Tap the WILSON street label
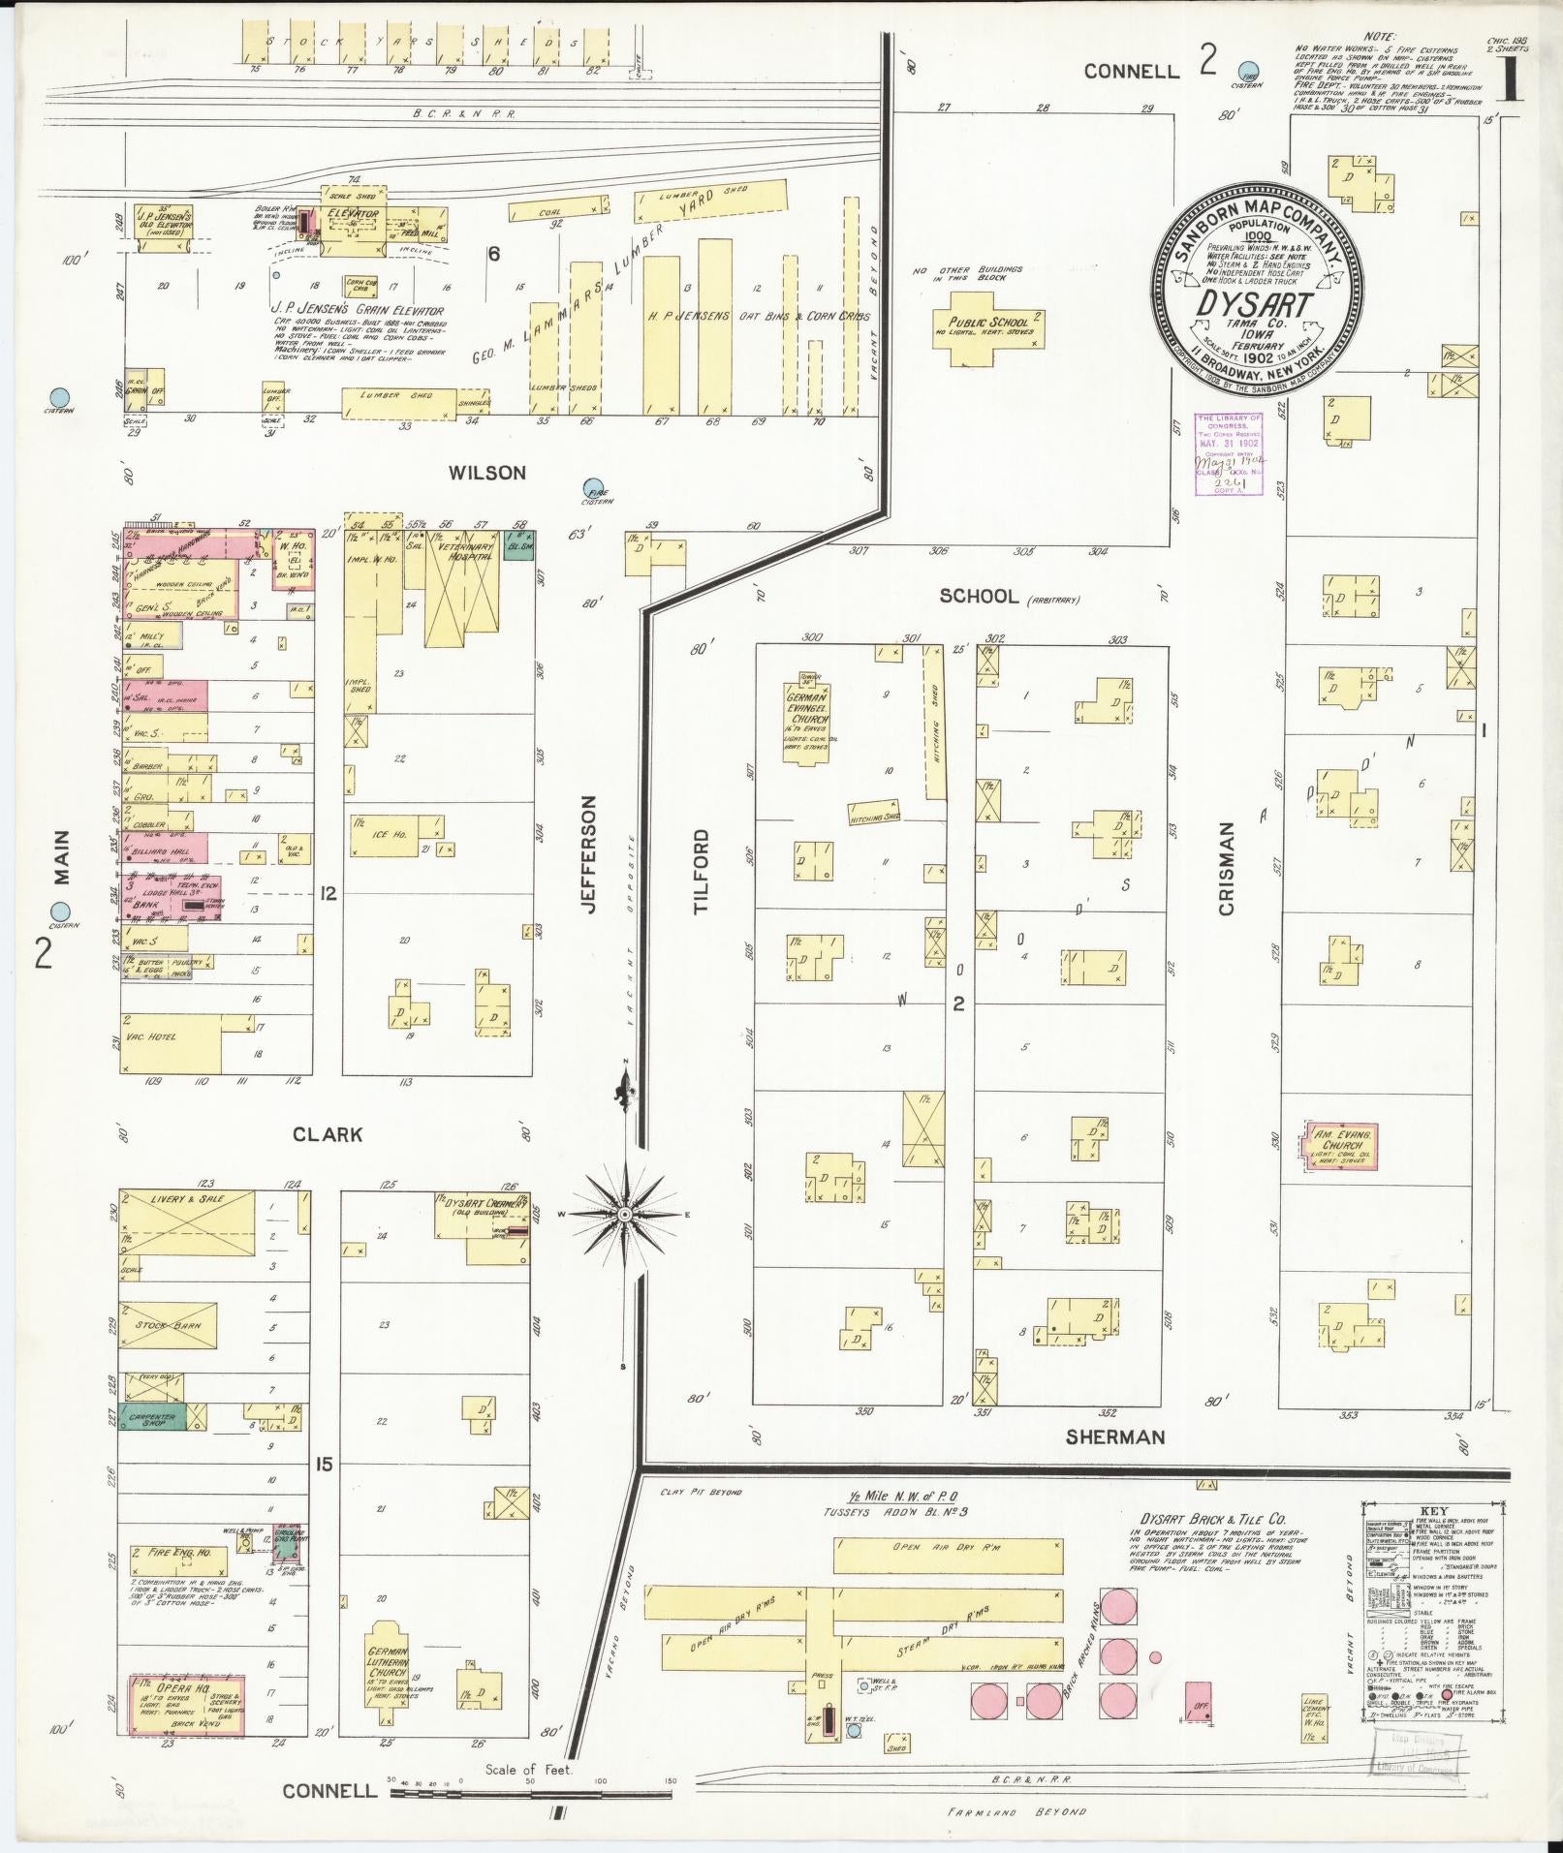486,473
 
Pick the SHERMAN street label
1114,1436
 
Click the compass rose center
625,1214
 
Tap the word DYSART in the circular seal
1254,303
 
